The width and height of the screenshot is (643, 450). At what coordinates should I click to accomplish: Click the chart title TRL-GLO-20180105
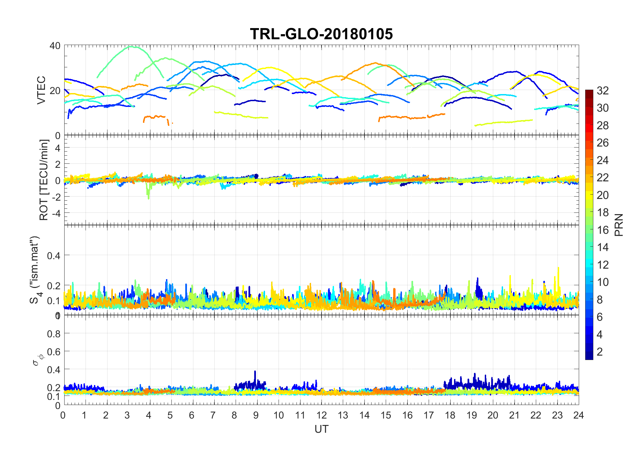[321, 34]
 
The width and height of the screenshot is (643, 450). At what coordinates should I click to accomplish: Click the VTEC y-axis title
[41, 90]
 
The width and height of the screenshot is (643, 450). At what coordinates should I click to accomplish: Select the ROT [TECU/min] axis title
[44, 180]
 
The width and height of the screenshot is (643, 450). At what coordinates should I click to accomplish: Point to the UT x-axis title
[321, 429]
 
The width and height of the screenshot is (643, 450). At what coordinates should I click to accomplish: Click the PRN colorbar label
[619, 225]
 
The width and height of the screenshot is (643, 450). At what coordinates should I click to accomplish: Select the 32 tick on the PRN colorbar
[602, 90]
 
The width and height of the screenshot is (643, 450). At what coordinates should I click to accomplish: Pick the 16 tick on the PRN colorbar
[602, 230]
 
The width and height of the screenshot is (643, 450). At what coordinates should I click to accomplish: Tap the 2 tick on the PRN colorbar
[599, 352]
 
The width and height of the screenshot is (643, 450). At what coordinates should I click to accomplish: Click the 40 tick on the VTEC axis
[55, 46]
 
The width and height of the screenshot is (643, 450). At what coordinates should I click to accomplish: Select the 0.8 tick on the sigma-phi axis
[54, 334]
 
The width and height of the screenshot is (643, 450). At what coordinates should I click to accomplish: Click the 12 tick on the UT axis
[321, 415]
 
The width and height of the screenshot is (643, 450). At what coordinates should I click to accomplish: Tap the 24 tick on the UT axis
[578, 415]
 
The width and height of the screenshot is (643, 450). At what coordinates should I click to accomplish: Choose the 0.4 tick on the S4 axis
[54, 255]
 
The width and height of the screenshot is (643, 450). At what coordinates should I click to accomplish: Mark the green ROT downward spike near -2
[148, 198]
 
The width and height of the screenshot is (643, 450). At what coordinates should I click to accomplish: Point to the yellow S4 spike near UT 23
[558, 268]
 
